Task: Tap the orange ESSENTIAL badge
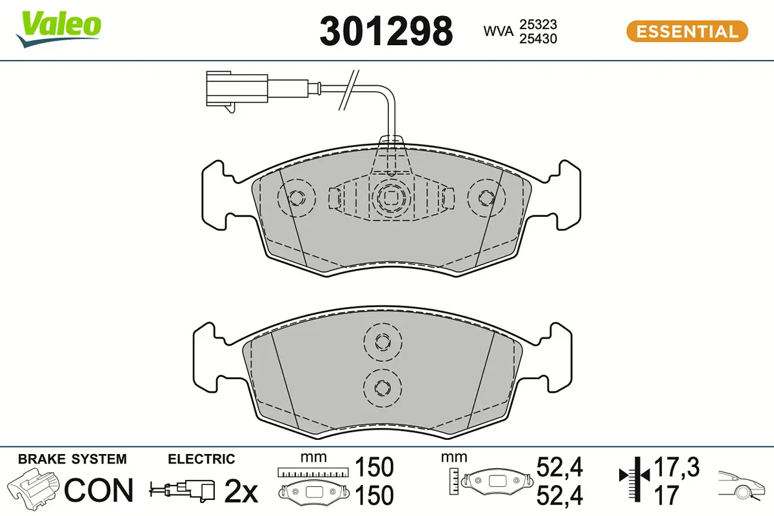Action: click(x=687, y=31)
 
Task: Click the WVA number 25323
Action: click(x=538, y=24)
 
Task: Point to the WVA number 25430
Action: click(x=538, y=39)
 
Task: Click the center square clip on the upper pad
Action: click(x=391, y=197)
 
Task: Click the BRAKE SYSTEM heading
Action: click(x=72, y=459)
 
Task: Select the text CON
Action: click(x=99, y=491)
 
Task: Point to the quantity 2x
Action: click(x=241, y=493)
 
